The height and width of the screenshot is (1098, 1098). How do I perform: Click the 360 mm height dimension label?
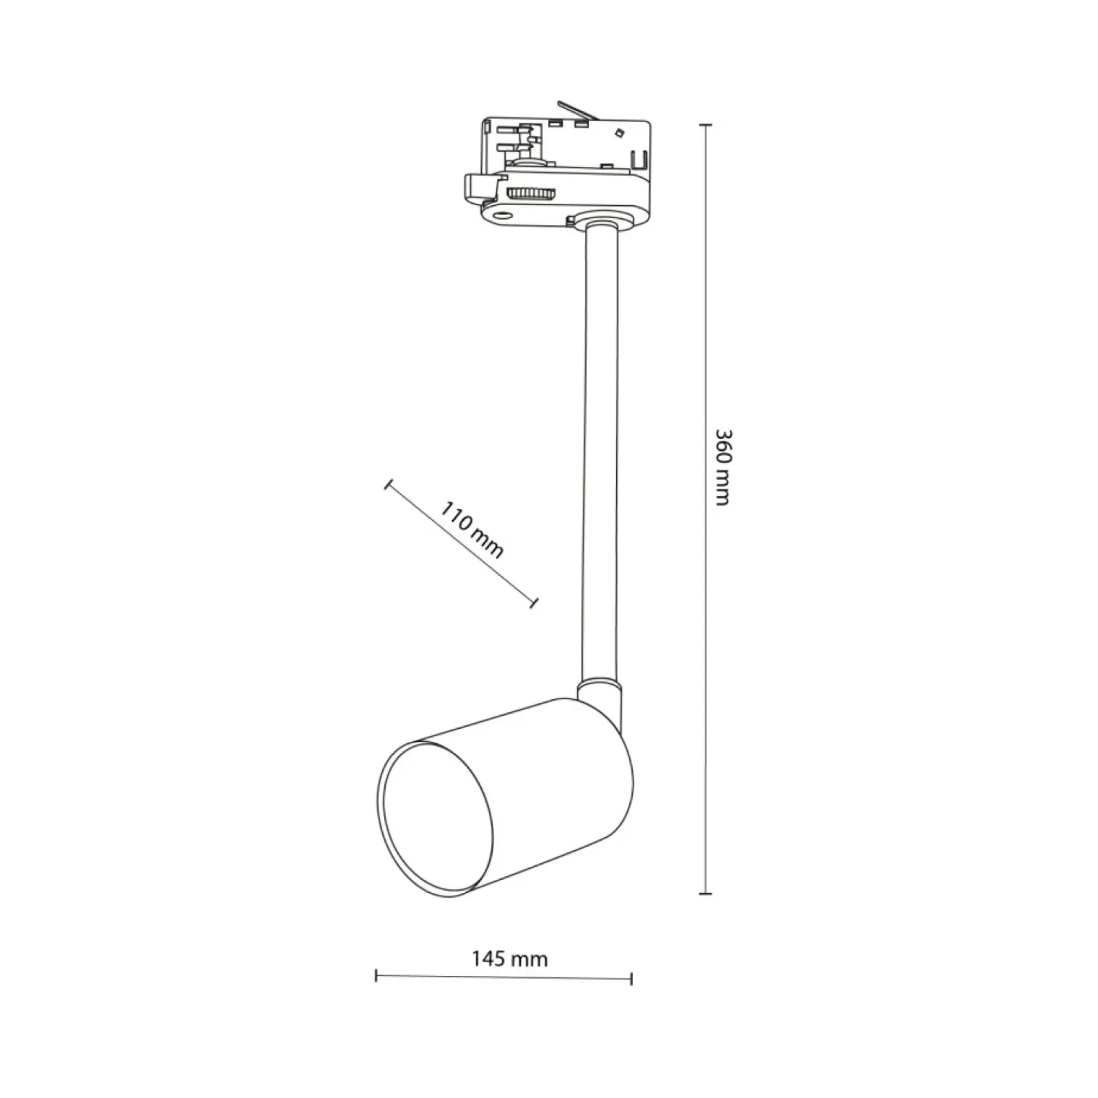pyautogui.click(x=722, y=467)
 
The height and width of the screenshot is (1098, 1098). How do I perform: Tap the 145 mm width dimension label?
pyautogui.click(x=510, y=958)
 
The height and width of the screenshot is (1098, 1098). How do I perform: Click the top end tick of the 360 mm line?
pyautogui.click(x=705, y=125)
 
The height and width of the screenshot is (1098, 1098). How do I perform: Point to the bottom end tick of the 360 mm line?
pyautogui.click(x=705, y=893)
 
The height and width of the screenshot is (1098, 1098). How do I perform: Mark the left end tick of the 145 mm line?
pyautogui.click(x=376, y=977)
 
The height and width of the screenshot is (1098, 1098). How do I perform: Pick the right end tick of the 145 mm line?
pyautogui.click(x=631, y=977)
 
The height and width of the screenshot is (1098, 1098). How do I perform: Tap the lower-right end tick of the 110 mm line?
pyautogui.click(x=534, y=603)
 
